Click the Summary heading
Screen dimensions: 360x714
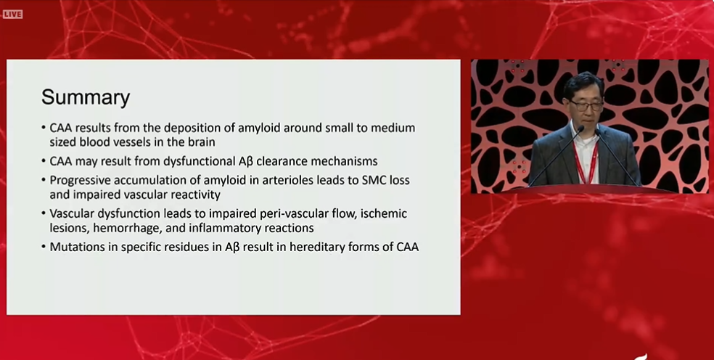click(86, 97)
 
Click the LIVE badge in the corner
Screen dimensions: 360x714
click(12, 15)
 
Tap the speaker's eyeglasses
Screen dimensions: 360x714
click(586, 106)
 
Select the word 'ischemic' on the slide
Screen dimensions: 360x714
click(383, 213)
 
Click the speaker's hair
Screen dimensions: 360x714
click(583, 82)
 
